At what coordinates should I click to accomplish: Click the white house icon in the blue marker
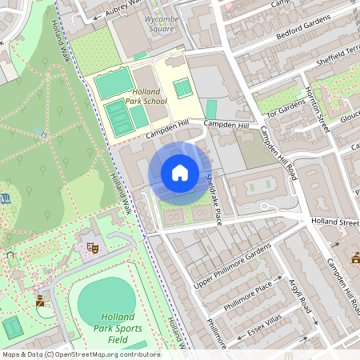click(x=180, y=172)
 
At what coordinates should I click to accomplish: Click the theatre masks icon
click(x=92, y=248)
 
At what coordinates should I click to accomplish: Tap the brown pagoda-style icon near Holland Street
click(x=355, y=258)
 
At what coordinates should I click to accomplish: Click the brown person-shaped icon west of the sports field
click(x=40, y=300)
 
